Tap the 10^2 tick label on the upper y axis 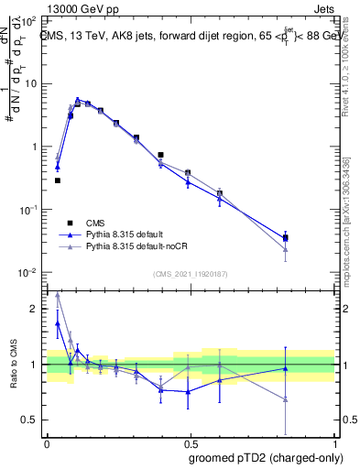[x=31, y=19]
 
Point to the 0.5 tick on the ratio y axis [x=34, y=420]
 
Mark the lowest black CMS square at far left [x=57, y=180]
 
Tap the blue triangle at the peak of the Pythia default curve [x=78, y=100]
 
